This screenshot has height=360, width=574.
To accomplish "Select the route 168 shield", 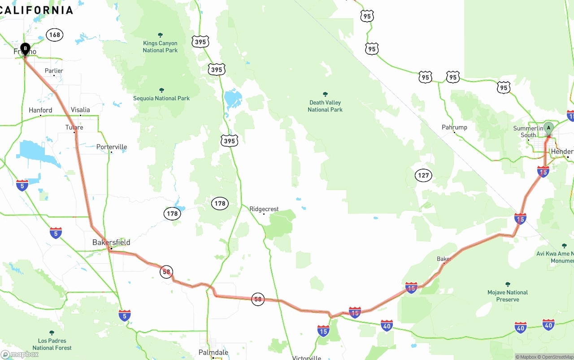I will point(55,35).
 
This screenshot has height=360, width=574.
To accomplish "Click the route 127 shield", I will point(423,175).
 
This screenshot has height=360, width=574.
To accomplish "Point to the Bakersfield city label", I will point(111,243).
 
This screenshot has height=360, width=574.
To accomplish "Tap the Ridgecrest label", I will point(264,209).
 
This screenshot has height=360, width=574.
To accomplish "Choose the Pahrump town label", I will point(454,127).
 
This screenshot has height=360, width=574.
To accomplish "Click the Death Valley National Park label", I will point(325,106).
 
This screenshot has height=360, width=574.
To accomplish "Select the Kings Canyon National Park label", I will point(160,47).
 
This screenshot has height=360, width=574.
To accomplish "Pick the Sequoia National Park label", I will point(161,98).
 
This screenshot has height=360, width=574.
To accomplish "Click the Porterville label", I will point(112,147).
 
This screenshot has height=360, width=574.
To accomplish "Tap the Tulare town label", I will point(74,127).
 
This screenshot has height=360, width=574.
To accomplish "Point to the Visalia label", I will point(80,110).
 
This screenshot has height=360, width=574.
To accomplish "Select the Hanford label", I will point(40,110).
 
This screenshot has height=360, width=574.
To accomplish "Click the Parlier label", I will point(54,71).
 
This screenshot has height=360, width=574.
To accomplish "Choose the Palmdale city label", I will point(213,353).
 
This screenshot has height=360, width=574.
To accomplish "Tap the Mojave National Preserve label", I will point(508,296).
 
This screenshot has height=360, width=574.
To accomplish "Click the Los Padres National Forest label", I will point(52,344).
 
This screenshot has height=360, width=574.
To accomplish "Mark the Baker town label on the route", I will point(444,259).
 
